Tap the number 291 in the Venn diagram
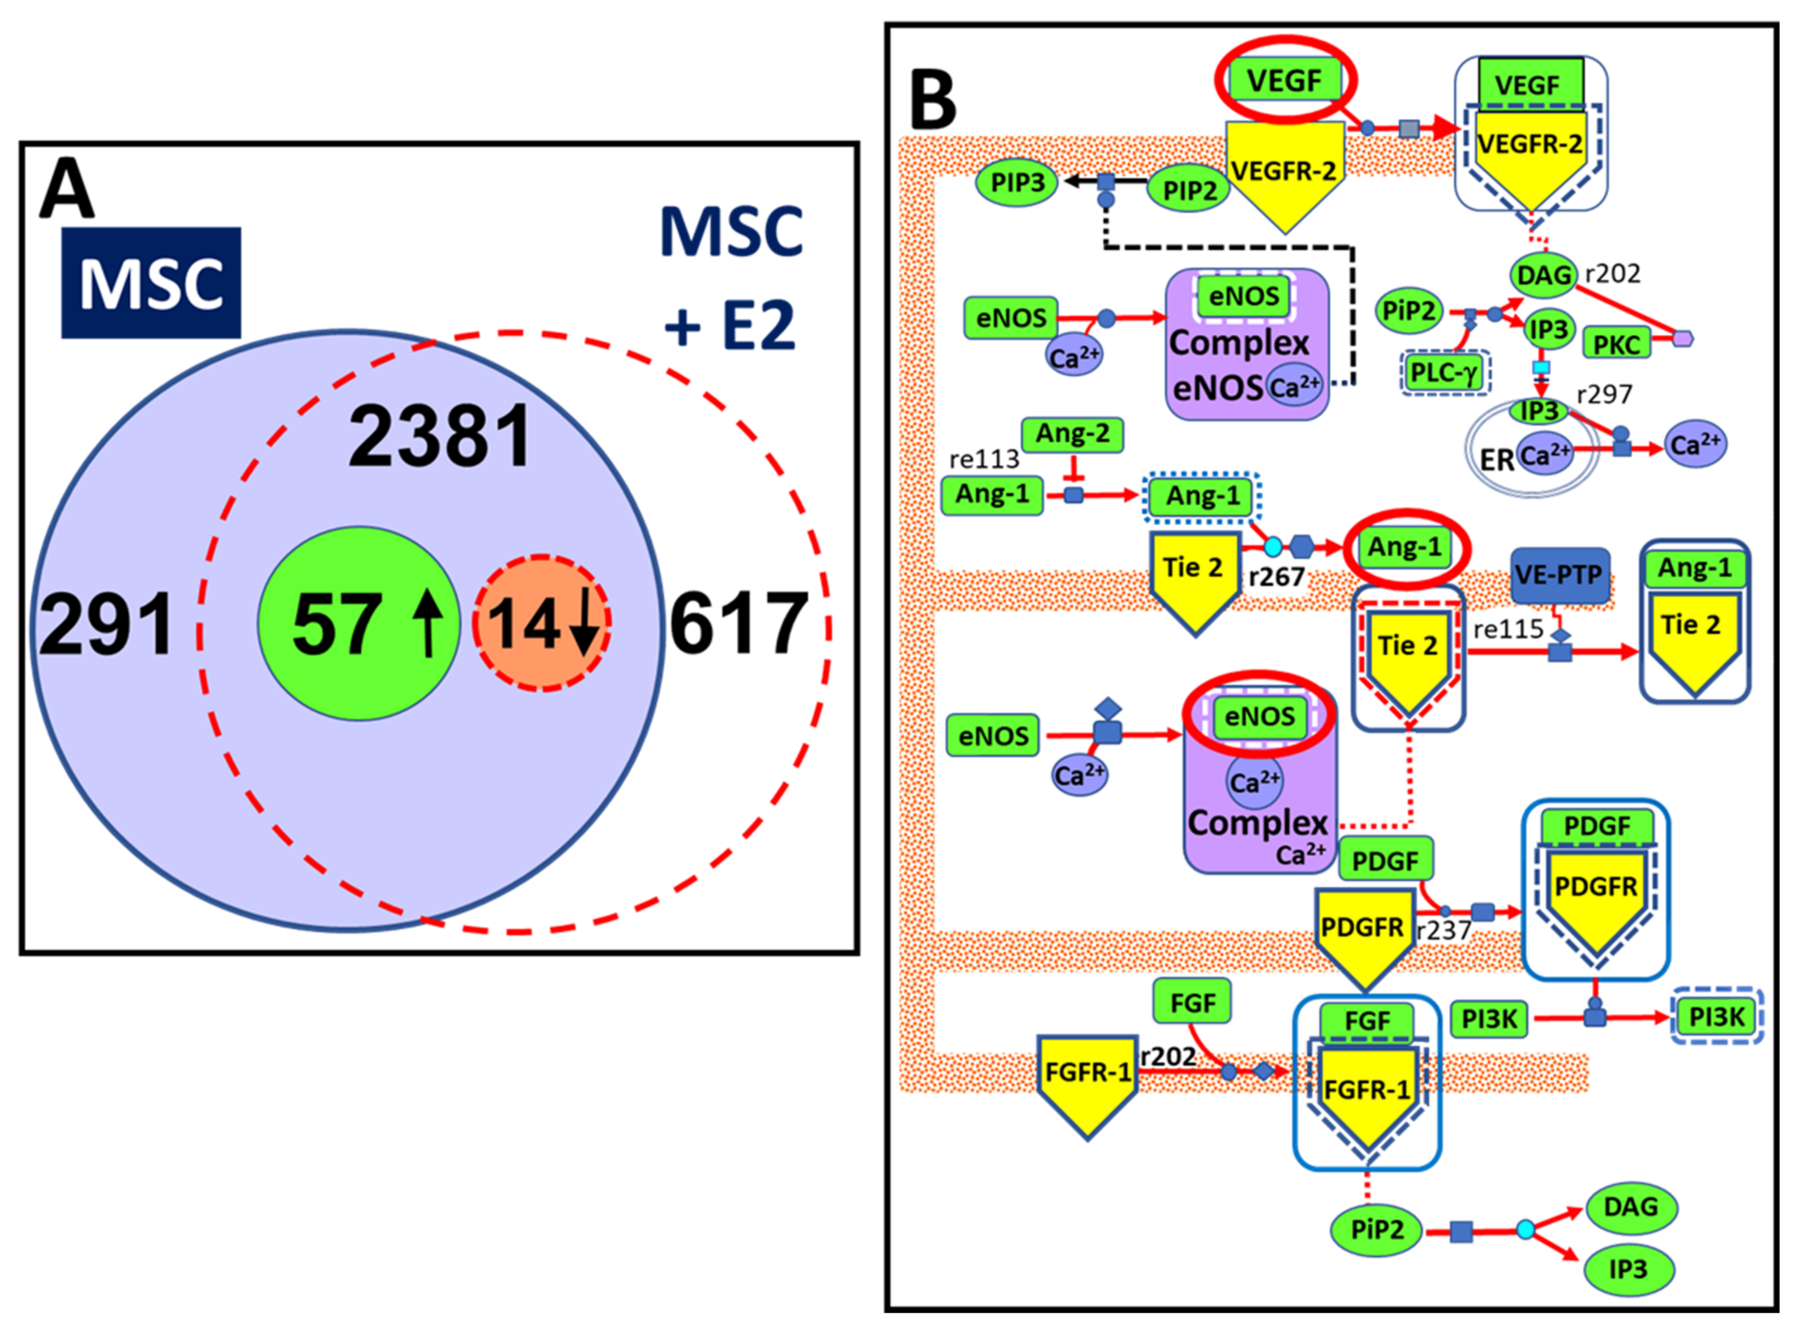click(x=106, y=623)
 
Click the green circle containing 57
click(x=359, y=623)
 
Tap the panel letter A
click(x=66, y=189)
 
